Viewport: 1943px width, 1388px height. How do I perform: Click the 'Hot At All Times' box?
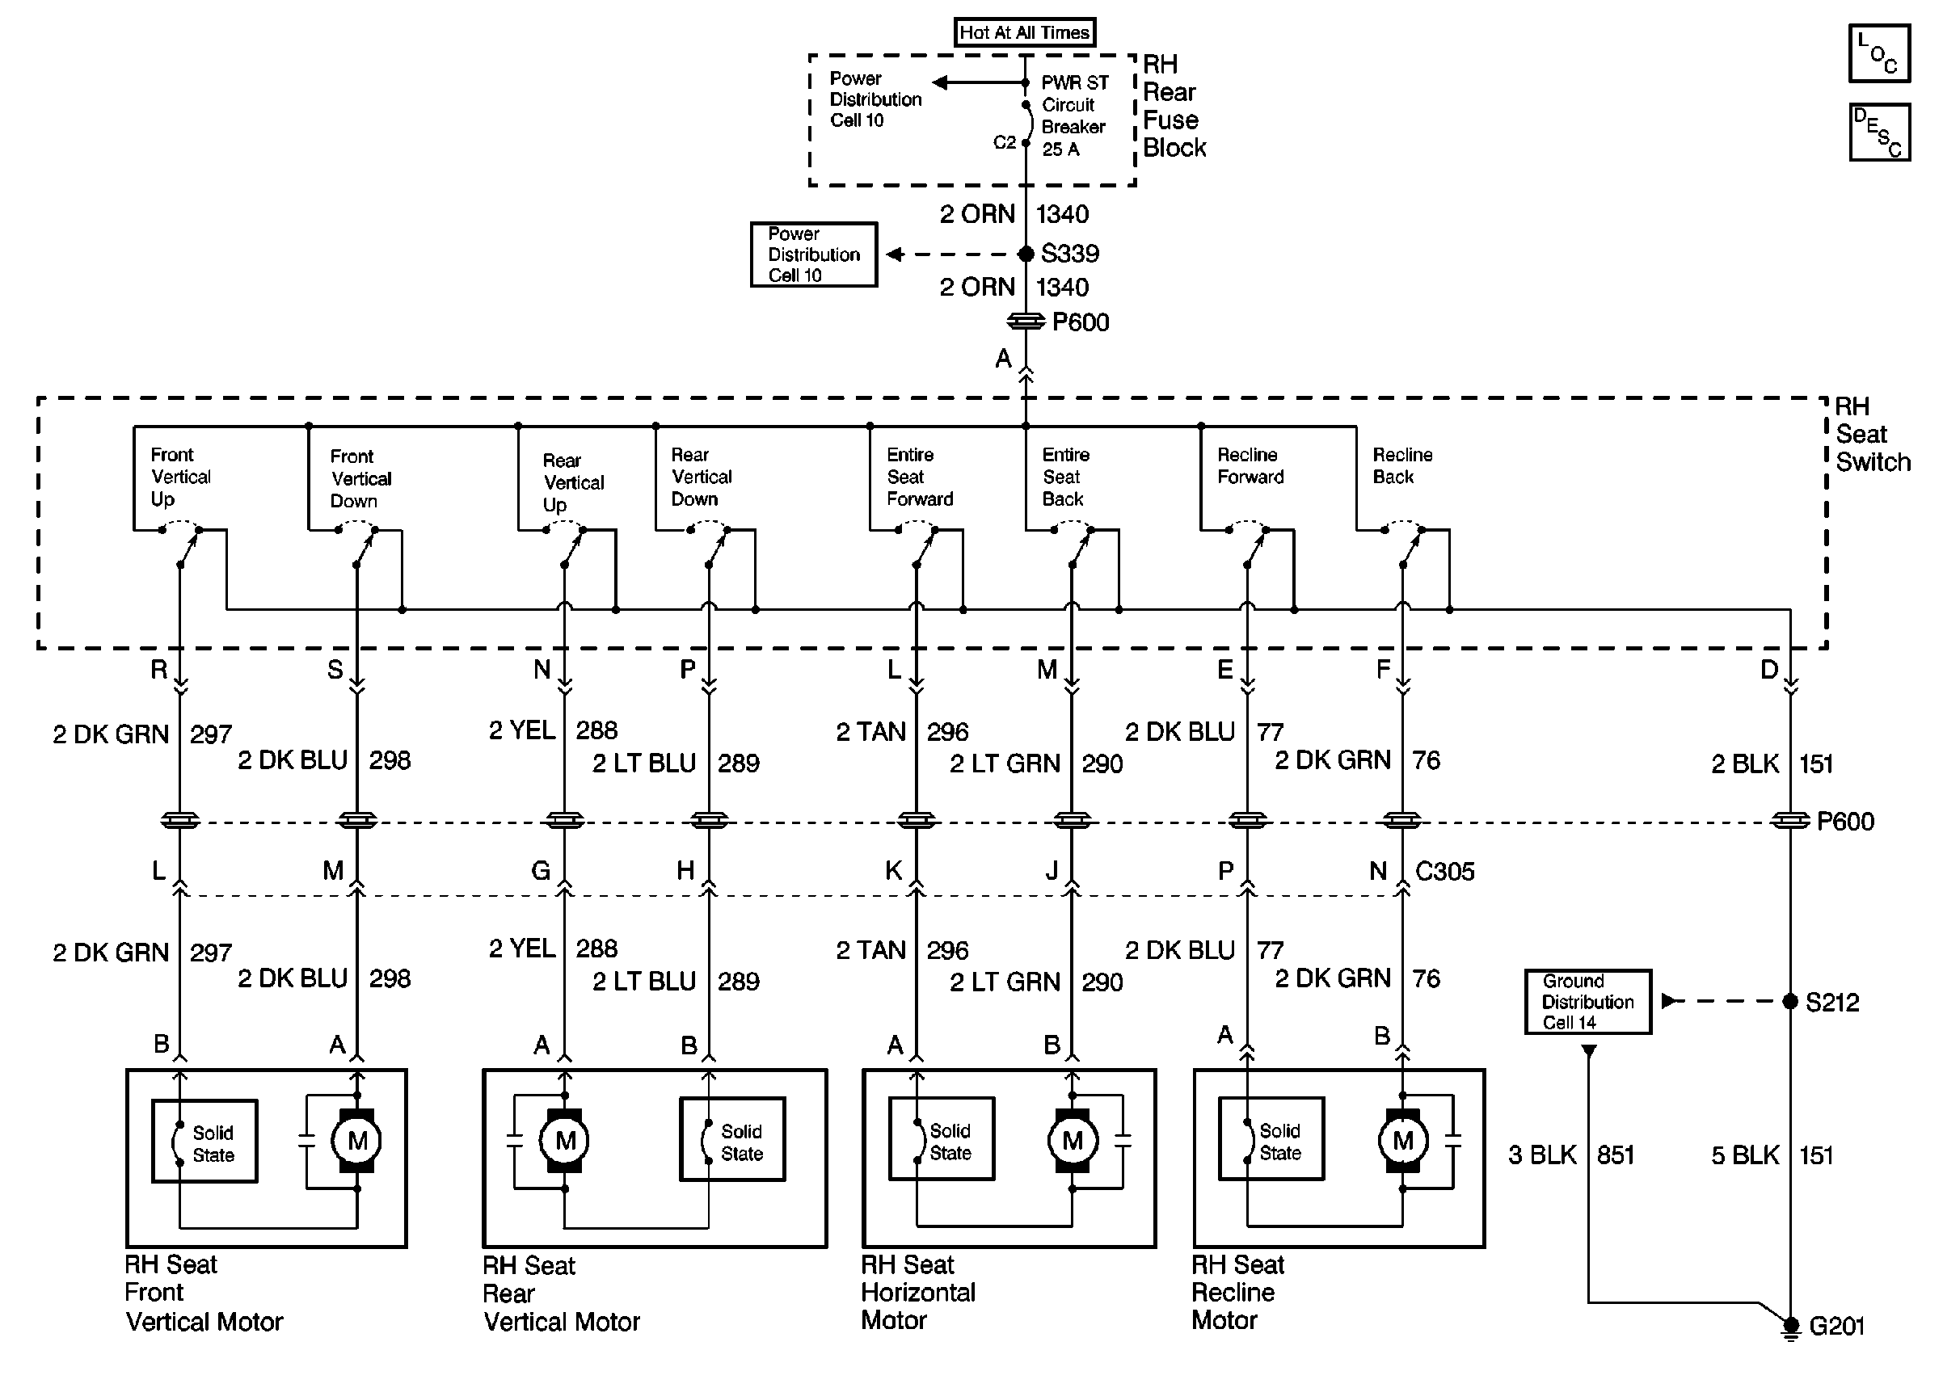(x=1024, y=32)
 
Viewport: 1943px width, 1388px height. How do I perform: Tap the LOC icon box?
(x=1879, y=53)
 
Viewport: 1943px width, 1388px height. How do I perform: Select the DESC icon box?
(x=1879, y=132)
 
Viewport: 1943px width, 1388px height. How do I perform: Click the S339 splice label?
(x=1070, y=254)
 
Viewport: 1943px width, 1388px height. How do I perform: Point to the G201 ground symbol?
(x=1789, y=1327)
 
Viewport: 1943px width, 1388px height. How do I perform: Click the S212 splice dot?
(x=1790, y=1001)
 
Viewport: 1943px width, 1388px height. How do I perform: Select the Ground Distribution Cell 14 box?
(x=1588, y=1001)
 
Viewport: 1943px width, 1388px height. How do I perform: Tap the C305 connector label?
(x=1444, y=872)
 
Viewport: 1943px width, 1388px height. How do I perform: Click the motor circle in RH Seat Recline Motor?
(x=1403, y=1140)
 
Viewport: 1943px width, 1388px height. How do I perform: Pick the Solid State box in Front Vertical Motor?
(x=204, y=1141)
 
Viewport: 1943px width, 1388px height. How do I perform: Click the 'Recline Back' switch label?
(x=1403, y=466)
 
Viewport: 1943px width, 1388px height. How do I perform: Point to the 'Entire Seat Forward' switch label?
(x=920, y=477)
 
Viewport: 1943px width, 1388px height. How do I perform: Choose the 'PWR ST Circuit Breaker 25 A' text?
(x=1074, y=116)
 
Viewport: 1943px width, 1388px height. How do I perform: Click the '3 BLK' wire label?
(x=1542, y=1155)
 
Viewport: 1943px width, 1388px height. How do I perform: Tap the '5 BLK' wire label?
(x=1745, y=1155)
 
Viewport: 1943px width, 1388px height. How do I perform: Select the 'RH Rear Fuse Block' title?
(x=1174, y=106)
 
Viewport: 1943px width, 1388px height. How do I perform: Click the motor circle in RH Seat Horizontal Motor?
(x=1072, y=1140)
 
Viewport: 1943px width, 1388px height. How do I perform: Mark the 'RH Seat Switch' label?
(x=1872, y=434)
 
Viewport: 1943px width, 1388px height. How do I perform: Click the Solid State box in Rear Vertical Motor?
(x=732, y=1139)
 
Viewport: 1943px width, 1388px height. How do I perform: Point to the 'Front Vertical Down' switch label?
(x=360, y=478)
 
